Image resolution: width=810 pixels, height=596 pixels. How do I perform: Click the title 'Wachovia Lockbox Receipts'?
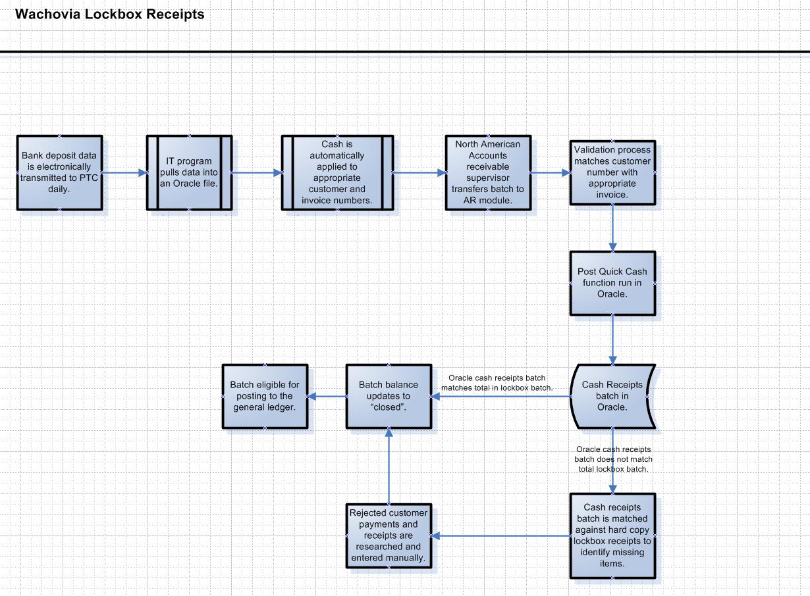[x=109, y=14]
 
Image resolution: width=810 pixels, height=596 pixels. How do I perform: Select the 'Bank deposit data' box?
[x=59, y=172]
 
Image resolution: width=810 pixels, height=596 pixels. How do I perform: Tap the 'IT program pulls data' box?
[x=189, y=172]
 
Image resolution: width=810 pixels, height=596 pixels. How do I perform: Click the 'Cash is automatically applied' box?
[x=337, y=172]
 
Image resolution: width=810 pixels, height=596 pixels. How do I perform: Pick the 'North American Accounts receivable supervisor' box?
[x=488, y=172]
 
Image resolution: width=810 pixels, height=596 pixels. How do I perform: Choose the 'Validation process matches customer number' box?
[x=612, y=172]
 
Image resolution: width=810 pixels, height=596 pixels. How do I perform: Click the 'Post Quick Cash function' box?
[x=612, y=283]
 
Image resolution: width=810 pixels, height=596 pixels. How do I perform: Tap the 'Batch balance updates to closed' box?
[x=389, y=396]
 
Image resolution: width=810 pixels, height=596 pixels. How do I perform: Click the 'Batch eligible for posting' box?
[x=265, y=396]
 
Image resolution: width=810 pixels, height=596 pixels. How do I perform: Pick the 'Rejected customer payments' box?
[x=389, y=535]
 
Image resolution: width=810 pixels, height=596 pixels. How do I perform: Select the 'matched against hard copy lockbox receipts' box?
[x=612, y=535]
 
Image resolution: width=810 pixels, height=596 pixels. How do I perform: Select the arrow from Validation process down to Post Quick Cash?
[x=612, y=228]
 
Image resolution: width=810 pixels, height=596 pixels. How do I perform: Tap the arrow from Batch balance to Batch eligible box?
[x=327, y=396]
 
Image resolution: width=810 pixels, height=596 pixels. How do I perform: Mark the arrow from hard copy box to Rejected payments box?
[x=500, y=535]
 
